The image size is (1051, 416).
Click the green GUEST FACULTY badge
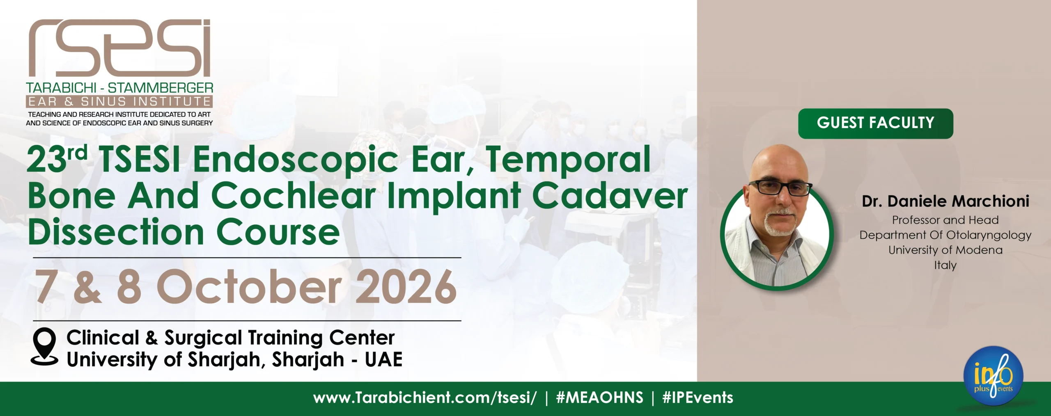pyautogui.click(x=875, y=123)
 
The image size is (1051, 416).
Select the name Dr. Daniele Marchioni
pyautogui.click(x=945, y=201)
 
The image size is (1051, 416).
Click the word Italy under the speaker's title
pyautogui.click(x=945, y=265)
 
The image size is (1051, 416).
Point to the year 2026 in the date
pyautogui.click(x=406, y=287)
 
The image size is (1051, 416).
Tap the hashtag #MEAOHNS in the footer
pyautogui.click(x=599, y=398)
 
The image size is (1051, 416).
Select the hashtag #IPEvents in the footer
pyautogui.click(x=698, y=398)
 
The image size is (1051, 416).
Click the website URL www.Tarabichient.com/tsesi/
pyautogui.click(x=425, y=398)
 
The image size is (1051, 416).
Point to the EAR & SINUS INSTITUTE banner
pyautogui.click(x=119, y=101)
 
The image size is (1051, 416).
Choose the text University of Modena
pyautogui.click(x=945, y=250)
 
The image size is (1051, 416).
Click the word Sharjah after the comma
pyautogui.click(x=308, y=360)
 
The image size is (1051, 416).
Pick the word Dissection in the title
pyautogui.click(x=116, y=232)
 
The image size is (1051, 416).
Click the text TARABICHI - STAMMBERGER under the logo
pyautogui.click(x=119, y=87)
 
